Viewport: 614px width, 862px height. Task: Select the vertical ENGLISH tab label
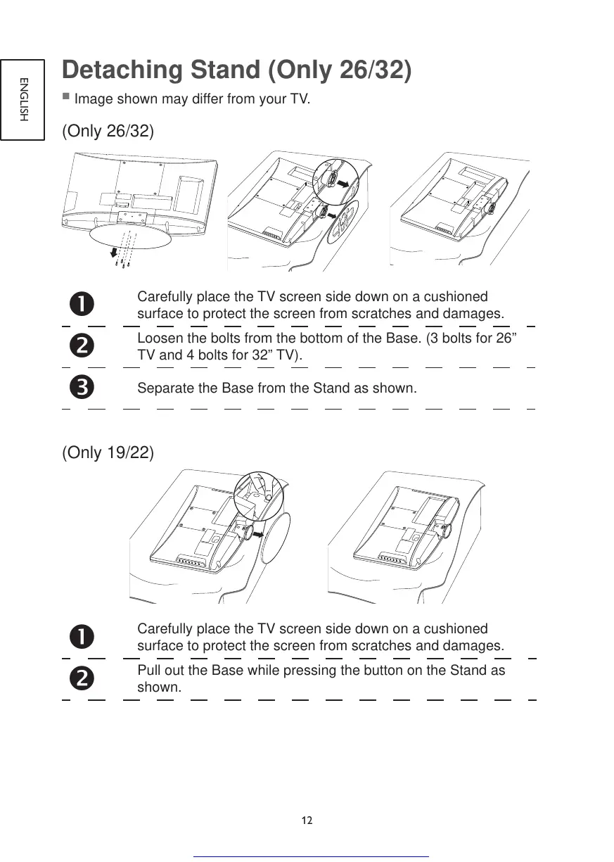pyautogui.click(x=23, y=99)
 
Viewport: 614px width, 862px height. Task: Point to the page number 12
pyautogui.click(x=307, y=820)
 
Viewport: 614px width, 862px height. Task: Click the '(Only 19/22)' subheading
pyautogui.click(x=108, y=452)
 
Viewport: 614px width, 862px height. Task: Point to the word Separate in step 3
pyautogui.click(x=164, y=388)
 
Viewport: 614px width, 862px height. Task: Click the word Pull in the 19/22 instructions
pyautogui.click(x=148, y=670)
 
